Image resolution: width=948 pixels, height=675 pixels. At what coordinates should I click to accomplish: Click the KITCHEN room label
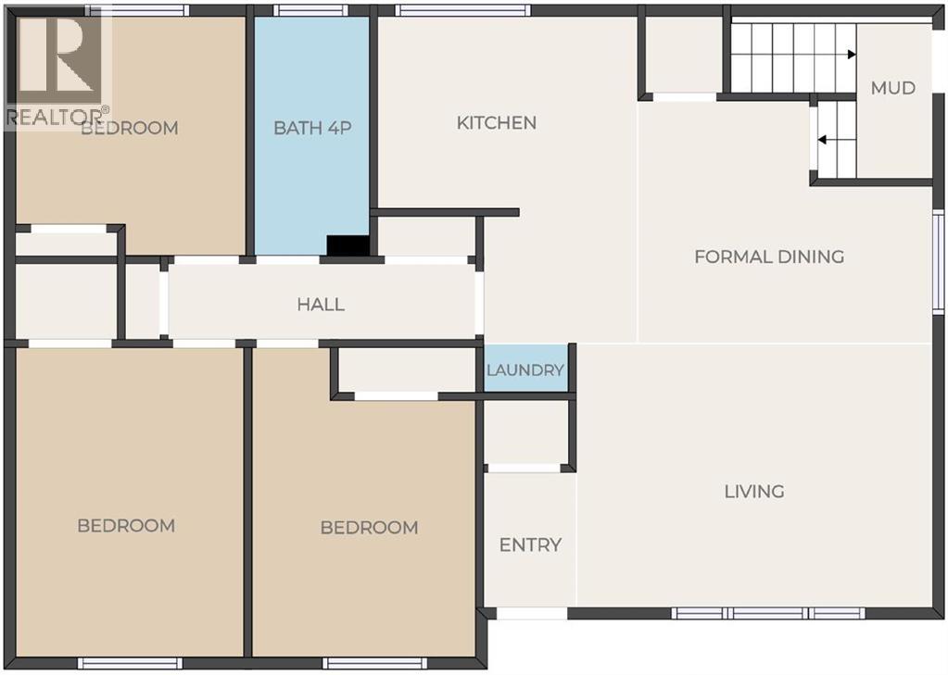(497, 122)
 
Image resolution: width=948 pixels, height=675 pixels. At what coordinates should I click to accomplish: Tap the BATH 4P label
(312, 128)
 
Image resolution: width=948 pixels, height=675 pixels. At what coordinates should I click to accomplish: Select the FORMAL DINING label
(769, 256)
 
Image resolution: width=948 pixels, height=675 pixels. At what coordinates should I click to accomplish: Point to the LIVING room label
(754, 492)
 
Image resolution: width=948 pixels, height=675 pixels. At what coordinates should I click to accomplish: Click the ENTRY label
(530, 545)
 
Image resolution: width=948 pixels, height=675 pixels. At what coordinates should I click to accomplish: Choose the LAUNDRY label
(525, 369)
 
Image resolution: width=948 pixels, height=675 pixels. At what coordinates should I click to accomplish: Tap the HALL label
(321, 304)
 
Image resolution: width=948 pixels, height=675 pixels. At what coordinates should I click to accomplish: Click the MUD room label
(893, 88)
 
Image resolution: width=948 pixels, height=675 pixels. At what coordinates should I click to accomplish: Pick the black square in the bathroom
(348, 246)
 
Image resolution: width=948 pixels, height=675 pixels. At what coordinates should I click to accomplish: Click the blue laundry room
(526, 368)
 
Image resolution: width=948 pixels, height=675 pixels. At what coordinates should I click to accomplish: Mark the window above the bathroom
(310, 10)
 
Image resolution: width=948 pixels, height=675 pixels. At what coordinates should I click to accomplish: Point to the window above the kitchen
(463, 10)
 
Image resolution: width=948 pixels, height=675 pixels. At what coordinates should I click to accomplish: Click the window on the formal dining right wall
(938, 261)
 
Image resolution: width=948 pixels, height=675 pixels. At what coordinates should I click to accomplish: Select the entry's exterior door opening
(532, 613)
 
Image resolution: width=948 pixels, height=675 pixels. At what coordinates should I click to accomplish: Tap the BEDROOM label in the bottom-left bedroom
(126, 526)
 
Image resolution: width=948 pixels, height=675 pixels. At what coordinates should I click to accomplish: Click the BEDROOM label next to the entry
(370, 528)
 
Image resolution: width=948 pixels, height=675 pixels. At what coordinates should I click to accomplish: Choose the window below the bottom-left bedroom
(130, 664)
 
